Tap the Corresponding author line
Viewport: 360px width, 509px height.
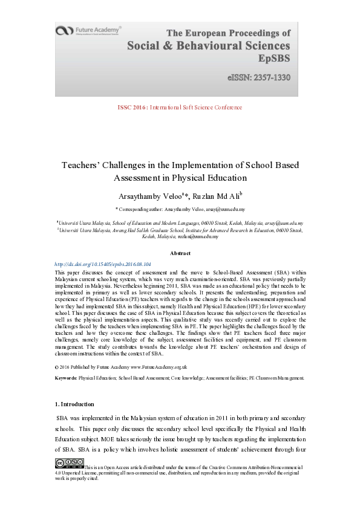180,209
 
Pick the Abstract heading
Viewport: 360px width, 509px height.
180,253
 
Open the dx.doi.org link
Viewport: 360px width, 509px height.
102,264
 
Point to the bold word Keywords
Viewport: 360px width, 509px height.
65,378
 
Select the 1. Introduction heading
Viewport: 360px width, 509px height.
75,403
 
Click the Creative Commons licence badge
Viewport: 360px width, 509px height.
69,464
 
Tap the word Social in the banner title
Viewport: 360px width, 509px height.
148,45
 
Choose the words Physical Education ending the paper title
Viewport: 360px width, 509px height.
212,178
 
